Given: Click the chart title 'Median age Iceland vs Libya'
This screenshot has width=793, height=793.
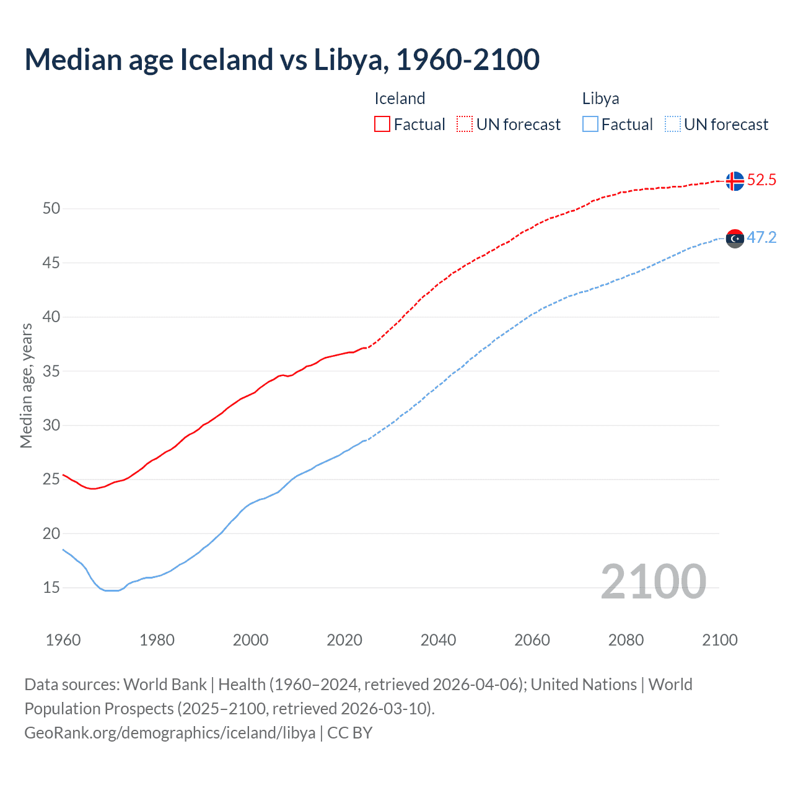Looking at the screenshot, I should click(x=282, y=59).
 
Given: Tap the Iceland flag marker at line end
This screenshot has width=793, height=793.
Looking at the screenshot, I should click(x=735, y=181).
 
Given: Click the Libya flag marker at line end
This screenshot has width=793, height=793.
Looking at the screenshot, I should click(x=735, y=239).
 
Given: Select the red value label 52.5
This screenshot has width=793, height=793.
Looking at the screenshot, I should click(x=761, y=180).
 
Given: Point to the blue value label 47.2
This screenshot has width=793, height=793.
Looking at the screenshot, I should click(x=761, y=238).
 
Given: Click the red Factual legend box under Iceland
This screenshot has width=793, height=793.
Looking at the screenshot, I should click(x=382, y=125).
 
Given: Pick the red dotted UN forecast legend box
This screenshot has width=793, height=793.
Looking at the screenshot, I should click(x=465, y=125).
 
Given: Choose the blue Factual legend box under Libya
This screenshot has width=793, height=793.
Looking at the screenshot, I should click(x=590, y=125).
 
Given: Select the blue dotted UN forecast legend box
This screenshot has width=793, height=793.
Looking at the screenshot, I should click(x=672, y=125).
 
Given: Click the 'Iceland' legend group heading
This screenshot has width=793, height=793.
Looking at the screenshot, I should click(x=400, y=99).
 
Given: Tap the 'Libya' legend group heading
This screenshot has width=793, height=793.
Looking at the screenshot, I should click(x=600, y=99).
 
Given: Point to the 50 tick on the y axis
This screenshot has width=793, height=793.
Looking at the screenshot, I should click(x=51, y=209).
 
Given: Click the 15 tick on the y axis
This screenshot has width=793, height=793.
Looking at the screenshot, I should click(x=51, y=587).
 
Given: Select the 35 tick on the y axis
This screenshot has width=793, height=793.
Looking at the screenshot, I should click(x=51, y=371).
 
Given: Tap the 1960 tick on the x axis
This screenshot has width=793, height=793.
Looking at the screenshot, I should click(x=63, y=640).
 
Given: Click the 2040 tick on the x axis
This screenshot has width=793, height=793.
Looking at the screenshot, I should click(x=438, y=640).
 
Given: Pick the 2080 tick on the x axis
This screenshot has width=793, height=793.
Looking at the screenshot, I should click(x=626, y=640).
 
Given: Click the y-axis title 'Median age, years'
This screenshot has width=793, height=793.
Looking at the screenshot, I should click(x=26, y=385).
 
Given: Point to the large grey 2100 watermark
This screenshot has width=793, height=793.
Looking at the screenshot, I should click(x=653, y=581).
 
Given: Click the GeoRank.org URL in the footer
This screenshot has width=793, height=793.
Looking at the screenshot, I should click(x=170, y=733).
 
